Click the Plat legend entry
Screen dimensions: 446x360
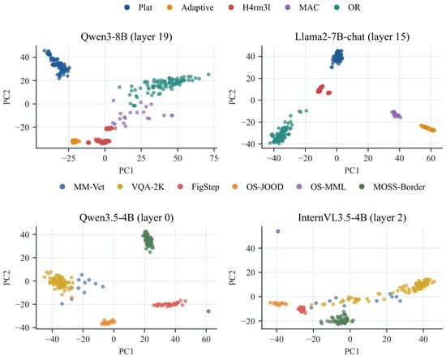[x=139, y=7]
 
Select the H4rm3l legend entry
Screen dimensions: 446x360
[x=250, y=7]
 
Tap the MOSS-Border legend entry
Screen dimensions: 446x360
[x=392, y=186]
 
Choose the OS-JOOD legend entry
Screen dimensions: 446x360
[x=258, y=186]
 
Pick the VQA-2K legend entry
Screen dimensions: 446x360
[x=141, y=186]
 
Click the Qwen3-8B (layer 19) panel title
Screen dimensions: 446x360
[x=127, y=36]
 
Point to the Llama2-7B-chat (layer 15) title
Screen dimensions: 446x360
[x=352, y=36]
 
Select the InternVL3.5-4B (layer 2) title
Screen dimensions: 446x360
[x=352, y=218]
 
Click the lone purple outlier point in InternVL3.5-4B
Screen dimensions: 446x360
[x=278, y=231]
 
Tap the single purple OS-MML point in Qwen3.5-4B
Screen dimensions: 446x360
[x=208, y=311]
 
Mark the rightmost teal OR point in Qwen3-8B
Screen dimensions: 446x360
[x=208, y=75]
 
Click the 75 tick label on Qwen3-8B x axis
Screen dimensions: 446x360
[x=214, y=158]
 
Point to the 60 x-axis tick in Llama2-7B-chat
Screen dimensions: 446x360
[x=431, y=158]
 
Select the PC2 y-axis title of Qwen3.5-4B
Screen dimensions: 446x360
[x=6, y=277]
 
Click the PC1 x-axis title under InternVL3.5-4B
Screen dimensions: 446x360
[x=352, y=351]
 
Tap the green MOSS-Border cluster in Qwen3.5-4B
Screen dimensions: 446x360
[x=148, y=241]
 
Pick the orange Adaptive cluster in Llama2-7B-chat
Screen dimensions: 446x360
[x=427, y=128]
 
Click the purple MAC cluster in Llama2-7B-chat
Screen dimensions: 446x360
[x=396, y=114]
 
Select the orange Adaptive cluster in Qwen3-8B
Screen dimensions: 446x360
[x=75, y=141]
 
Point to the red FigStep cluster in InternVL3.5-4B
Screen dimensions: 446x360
[x=302, y=310]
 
